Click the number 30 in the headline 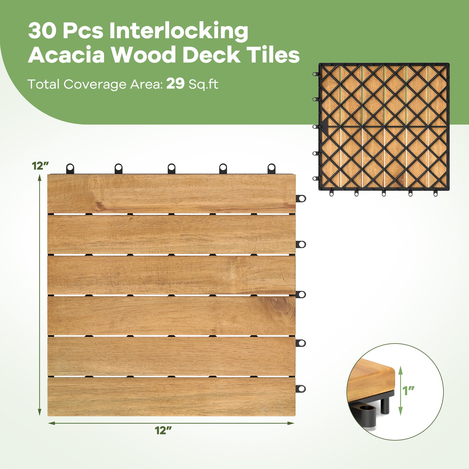42,31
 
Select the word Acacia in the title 67,55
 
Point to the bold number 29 175,84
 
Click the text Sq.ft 203,84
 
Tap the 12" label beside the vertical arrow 40,166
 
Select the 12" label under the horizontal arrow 163,430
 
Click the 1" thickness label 408,390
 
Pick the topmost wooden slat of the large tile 171,193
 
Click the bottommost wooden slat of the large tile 171,396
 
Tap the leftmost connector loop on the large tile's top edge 70,168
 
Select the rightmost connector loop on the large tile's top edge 272,168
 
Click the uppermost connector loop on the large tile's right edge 301,198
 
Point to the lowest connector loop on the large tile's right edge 301,389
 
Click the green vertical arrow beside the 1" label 401,390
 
